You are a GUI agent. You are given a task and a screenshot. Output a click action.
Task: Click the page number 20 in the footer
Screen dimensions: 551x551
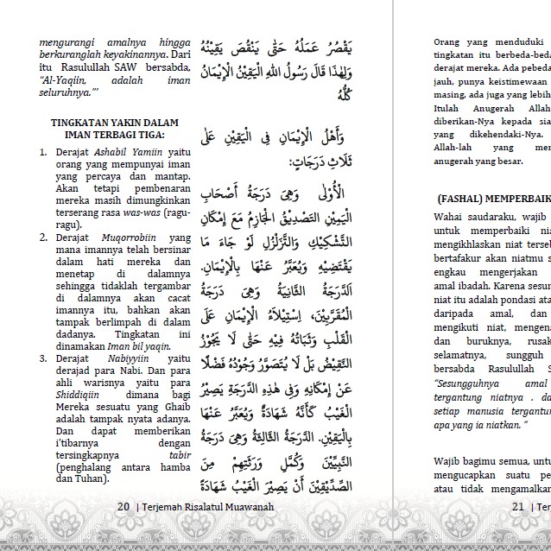click(123, 507)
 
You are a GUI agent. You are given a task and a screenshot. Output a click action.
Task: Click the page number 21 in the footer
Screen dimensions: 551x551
click(517, 507)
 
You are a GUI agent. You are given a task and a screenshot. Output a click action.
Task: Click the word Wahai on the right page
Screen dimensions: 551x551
click(450, 215)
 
